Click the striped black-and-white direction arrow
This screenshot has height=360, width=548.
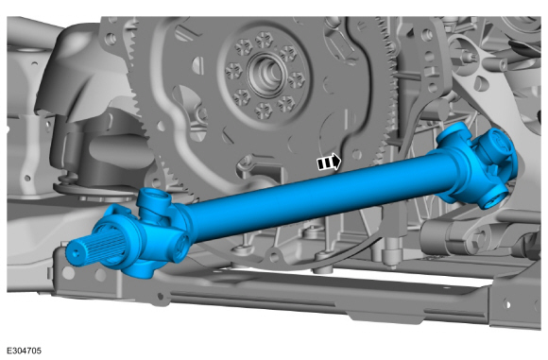tap(329, 163)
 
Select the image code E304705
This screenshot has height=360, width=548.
tap(25, 351)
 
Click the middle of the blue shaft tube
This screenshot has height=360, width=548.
tap(315, 197)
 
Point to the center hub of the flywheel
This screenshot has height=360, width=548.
tap(265, 74)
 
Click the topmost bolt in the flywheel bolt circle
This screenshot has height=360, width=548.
tap(265, 41)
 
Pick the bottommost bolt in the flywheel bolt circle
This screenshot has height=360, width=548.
tap(263, 111)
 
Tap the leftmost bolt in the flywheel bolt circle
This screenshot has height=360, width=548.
tap(233, 71)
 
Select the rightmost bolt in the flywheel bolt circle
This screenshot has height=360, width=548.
tap(296, 80)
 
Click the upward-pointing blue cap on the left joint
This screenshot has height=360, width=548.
tap(153, 200)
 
